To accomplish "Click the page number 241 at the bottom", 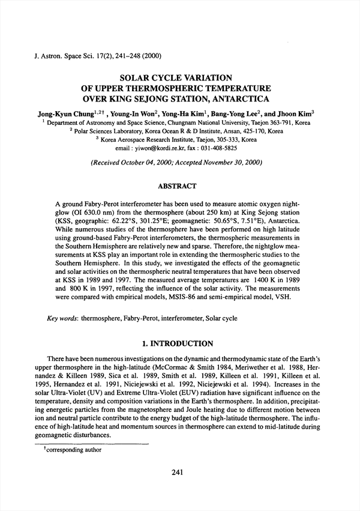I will tap(176, 473).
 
